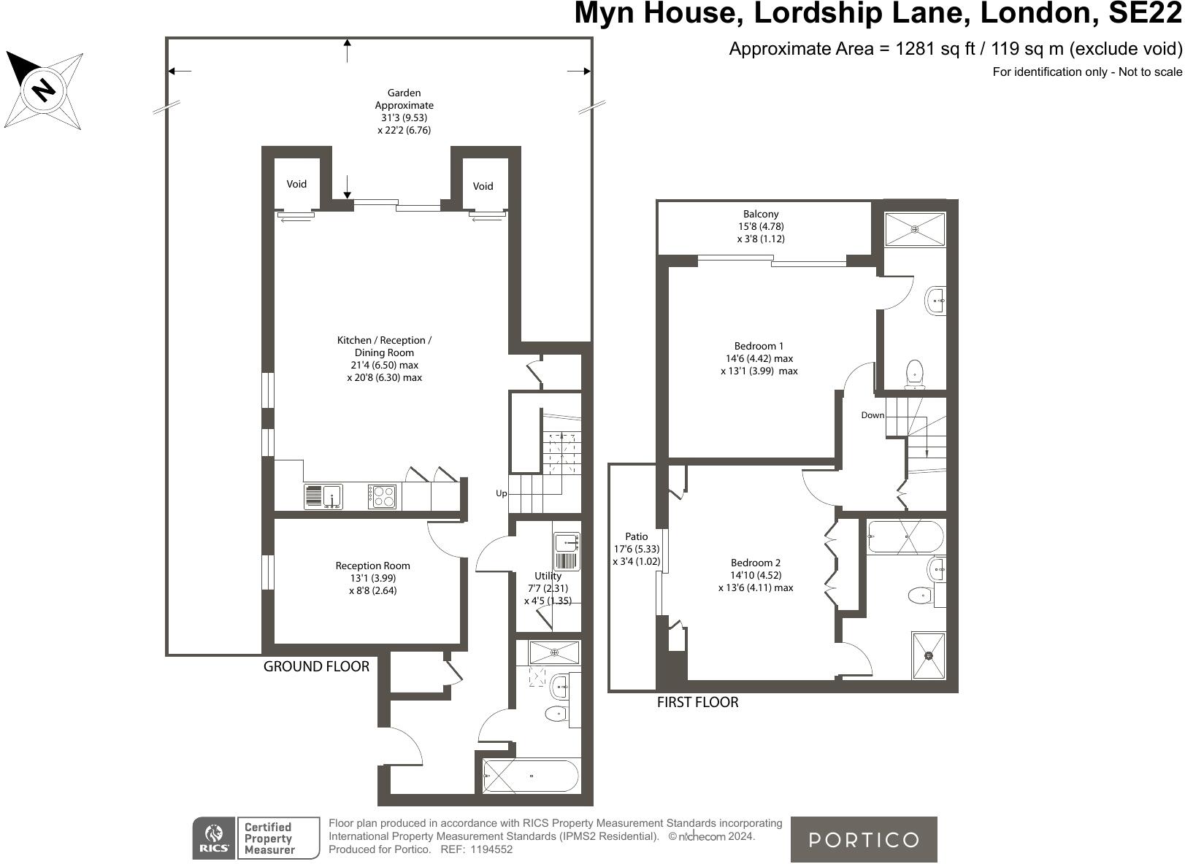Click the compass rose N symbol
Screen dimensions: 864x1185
tap(44, 90)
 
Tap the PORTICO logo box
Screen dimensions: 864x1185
tap(864, 839)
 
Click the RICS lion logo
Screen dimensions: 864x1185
tap(214, 838)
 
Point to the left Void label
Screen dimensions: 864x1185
tap(296, 184)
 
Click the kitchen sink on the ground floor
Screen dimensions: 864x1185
tap(323, 496)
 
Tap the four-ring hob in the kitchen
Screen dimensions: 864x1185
tap(382, 496)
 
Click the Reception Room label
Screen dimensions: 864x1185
tap(372, 566)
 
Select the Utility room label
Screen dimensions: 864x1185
tap(548, 576)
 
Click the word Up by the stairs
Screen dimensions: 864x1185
tap(502, 493)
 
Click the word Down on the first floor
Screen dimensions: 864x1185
tap(873, 415)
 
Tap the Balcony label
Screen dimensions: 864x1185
tap(761, 214)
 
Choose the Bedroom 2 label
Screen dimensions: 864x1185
tap(756, 563)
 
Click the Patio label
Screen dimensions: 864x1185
tap(636, 536)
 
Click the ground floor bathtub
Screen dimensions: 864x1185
tap(531, 776)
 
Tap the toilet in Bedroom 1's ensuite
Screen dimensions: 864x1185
tap(914, 373)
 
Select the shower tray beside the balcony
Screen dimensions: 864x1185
tap(915, 229)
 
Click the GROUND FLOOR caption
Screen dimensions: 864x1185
tap(316, 666)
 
